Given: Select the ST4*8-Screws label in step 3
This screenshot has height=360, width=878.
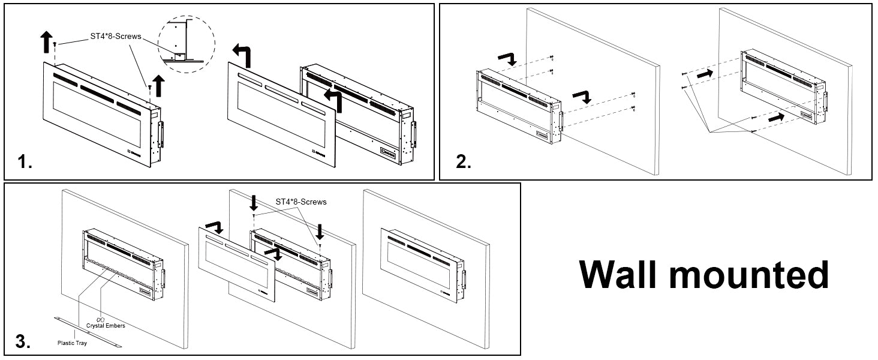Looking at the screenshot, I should (301, 202).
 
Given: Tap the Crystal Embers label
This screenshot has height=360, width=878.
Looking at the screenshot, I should (106, 326).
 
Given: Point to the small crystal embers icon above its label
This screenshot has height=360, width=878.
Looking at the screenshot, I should (100, 319).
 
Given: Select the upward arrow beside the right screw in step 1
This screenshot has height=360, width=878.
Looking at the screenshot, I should (159, 86).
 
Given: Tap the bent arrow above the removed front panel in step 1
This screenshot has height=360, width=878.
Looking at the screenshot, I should (243, 55).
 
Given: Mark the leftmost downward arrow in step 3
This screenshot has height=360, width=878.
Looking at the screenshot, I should (254, 202).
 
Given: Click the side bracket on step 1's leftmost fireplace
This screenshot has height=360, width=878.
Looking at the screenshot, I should (160, 134).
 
